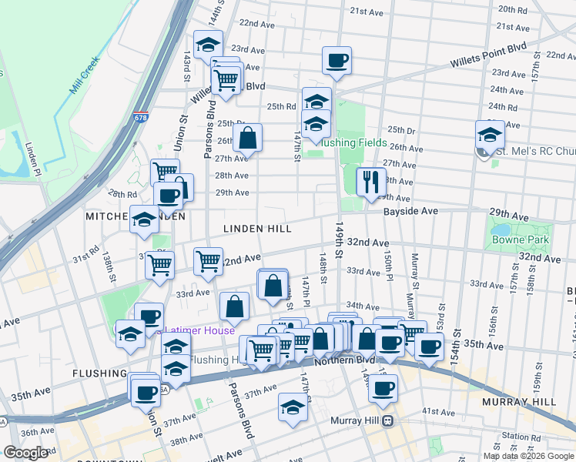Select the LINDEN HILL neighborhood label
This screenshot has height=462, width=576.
256,229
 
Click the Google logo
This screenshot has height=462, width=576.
25,454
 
